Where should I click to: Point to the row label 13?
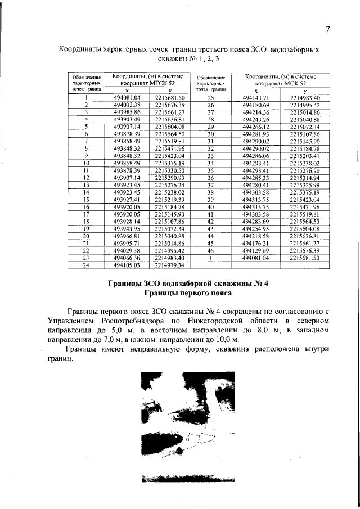click(87, 184)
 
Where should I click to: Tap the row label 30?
click(211, 134)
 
